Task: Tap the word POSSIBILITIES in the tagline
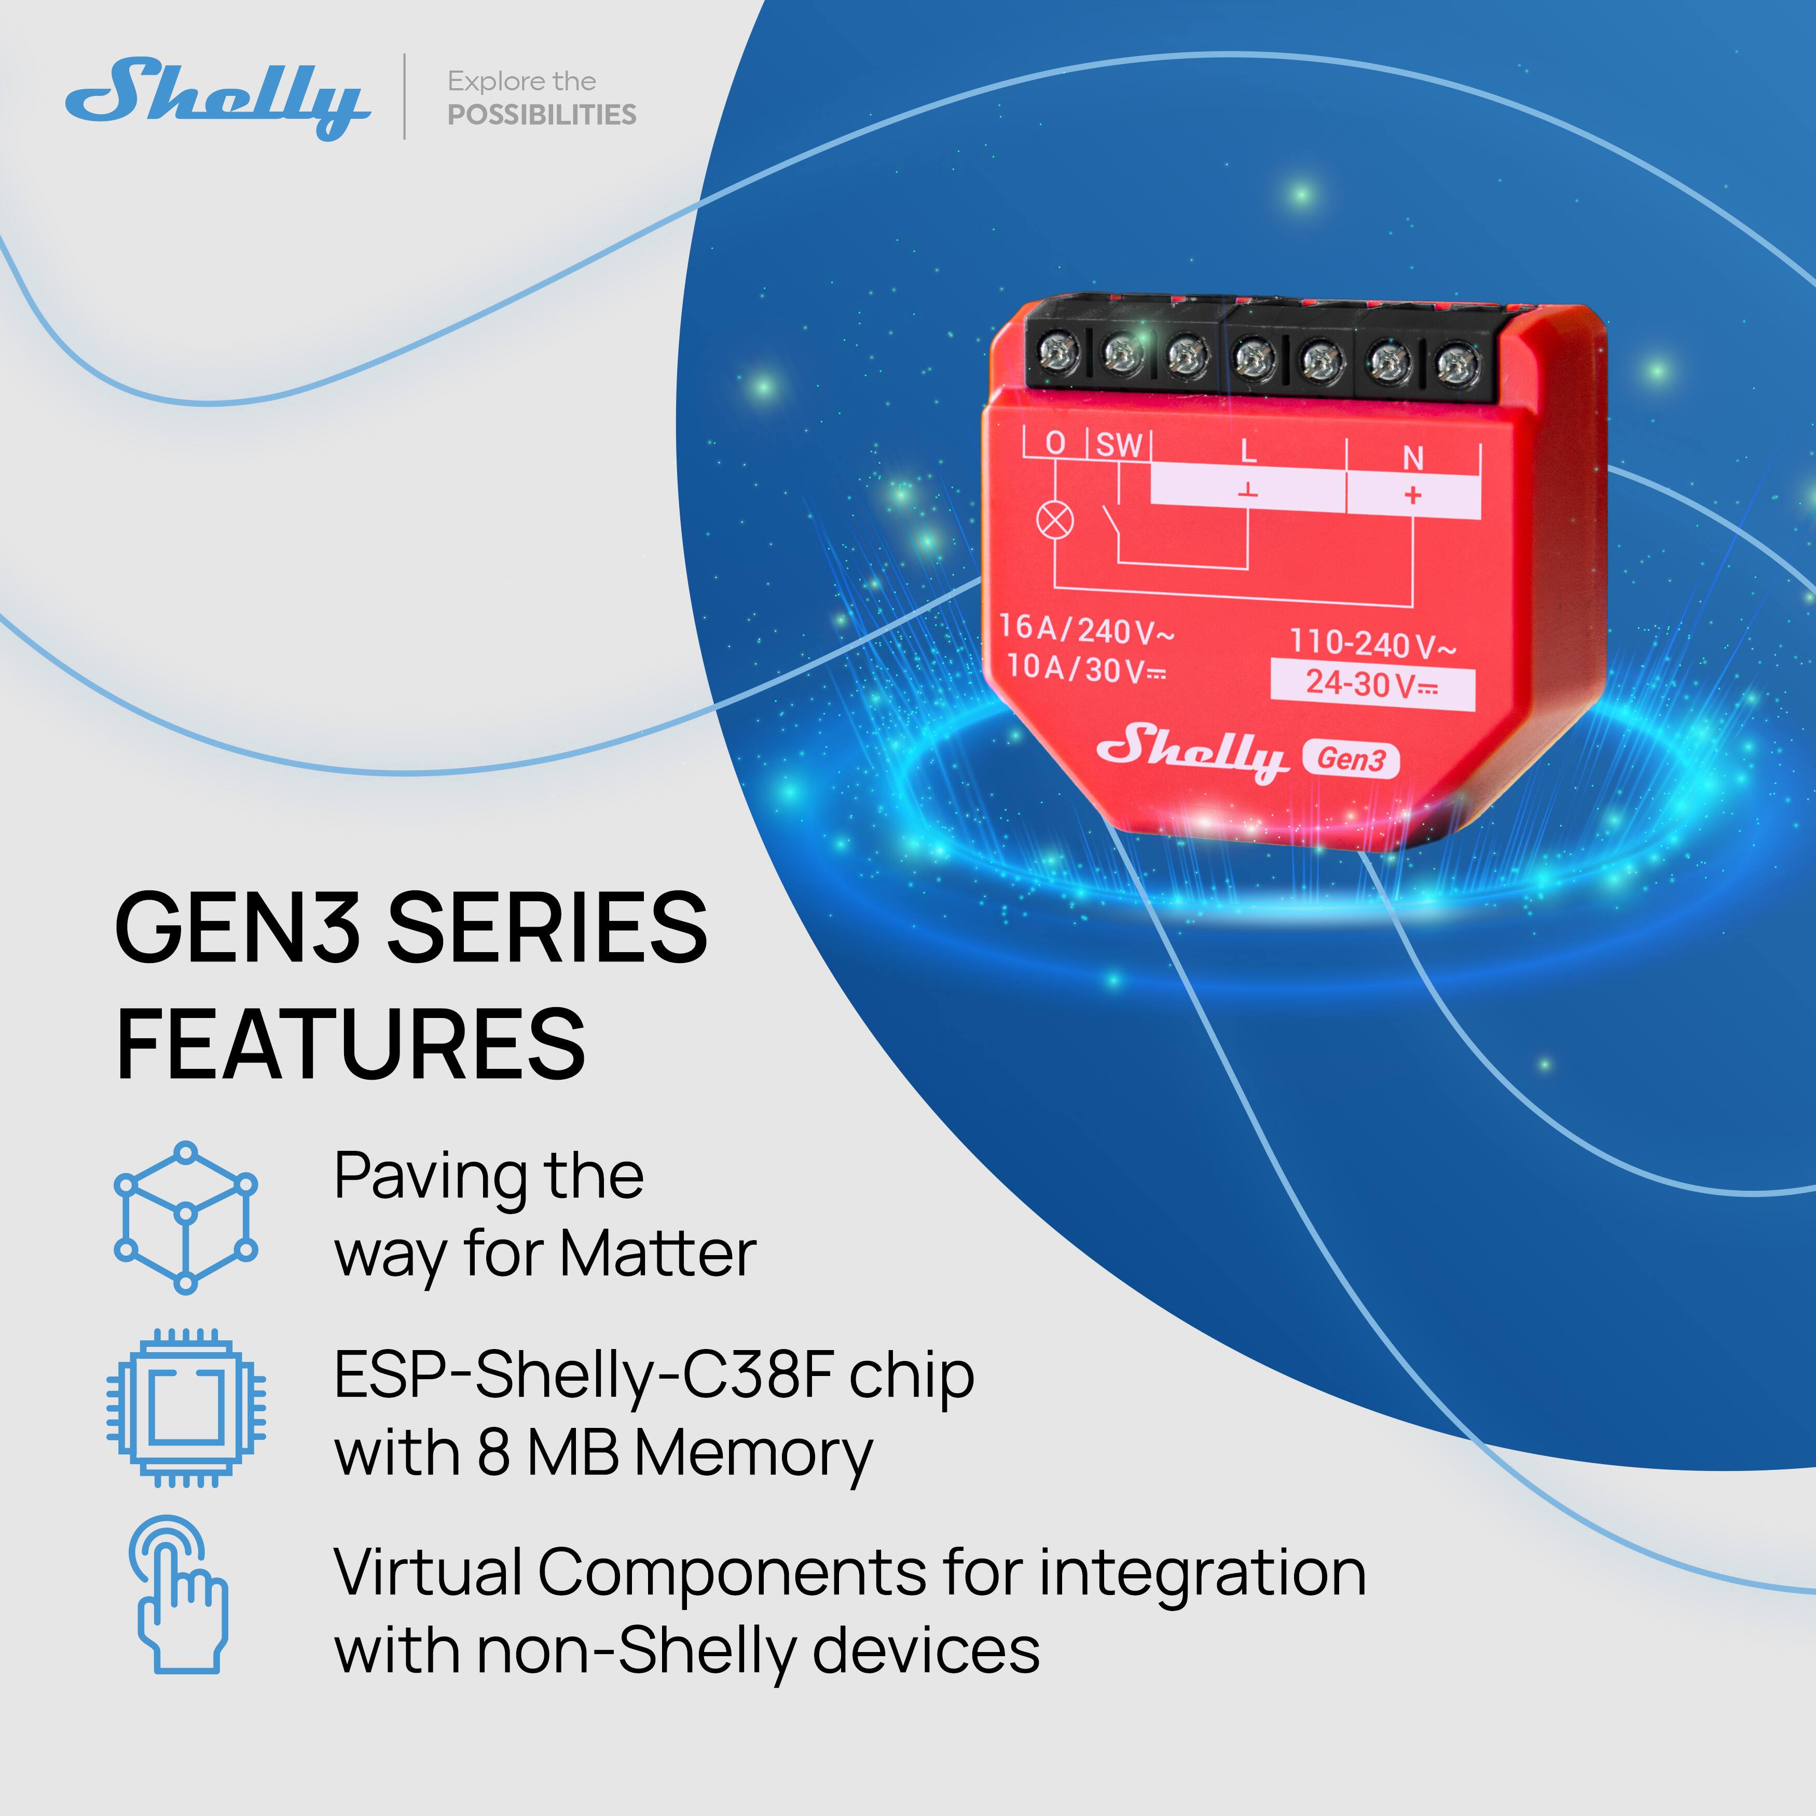(541, 115)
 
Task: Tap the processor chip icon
(185, 1407)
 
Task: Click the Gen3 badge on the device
(1351, 759)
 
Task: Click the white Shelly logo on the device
(1192, 750)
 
